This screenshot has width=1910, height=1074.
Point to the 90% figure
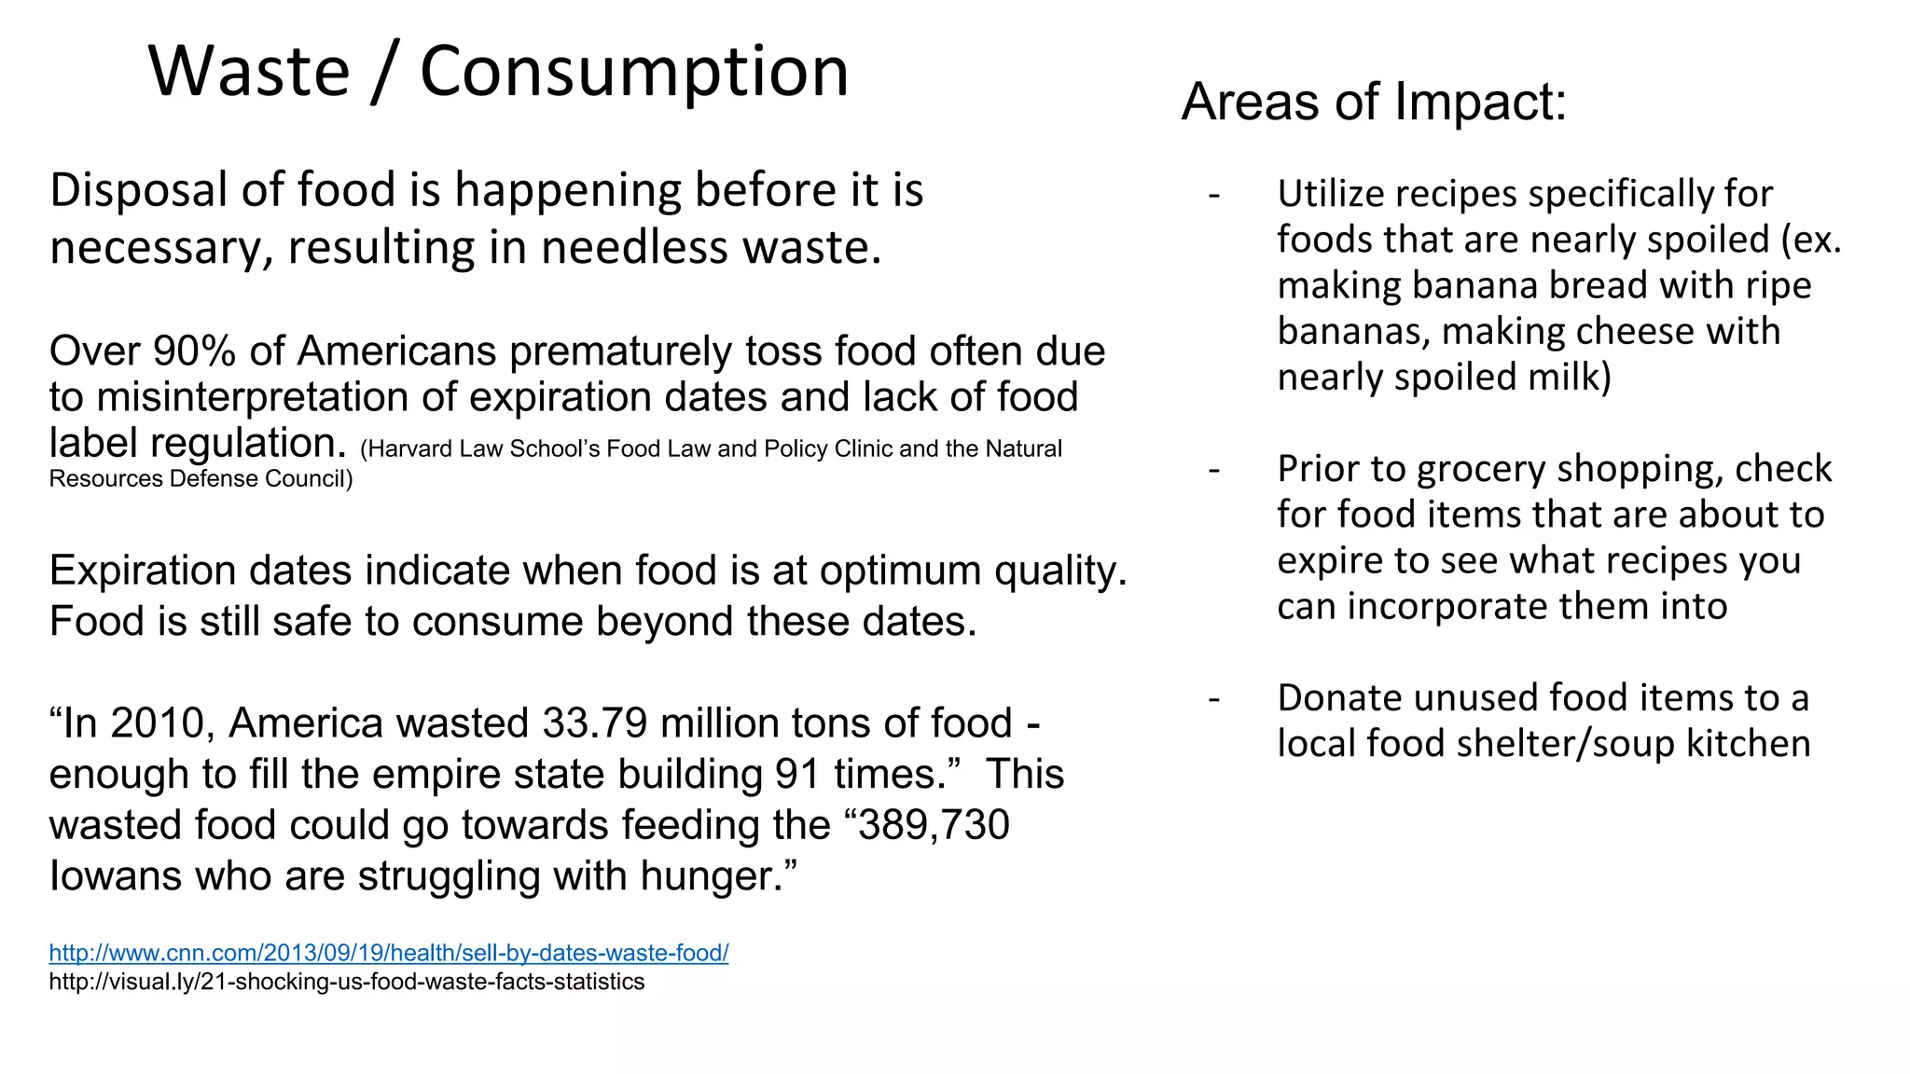point(194,351)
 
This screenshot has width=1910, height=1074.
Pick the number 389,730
point(934,825)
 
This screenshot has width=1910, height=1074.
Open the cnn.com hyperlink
point(389,953)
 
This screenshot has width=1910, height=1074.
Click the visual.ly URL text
point(346,982)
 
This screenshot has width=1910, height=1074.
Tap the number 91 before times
point(797,775)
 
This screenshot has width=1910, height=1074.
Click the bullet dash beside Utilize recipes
point(1213,195)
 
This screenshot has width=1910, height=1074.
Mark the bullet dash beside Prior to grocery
point(1213,470)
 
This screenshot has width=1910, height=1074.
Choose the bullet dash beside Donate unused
point(1213,698)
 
